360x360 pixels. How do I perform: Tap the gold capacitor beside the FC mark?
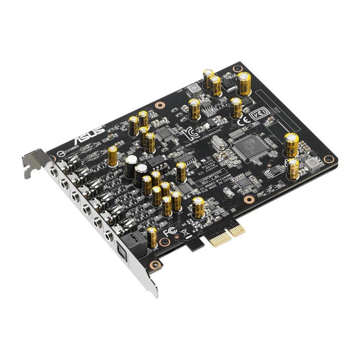click(152, 236)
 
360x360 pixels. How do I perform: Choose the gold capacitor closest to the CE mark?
click(237, 107)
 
